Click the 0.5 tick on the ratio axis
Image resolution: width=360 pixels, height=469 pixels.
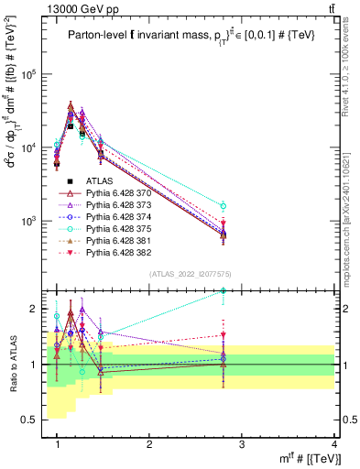pyautogui.click(x=33, y=419)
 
